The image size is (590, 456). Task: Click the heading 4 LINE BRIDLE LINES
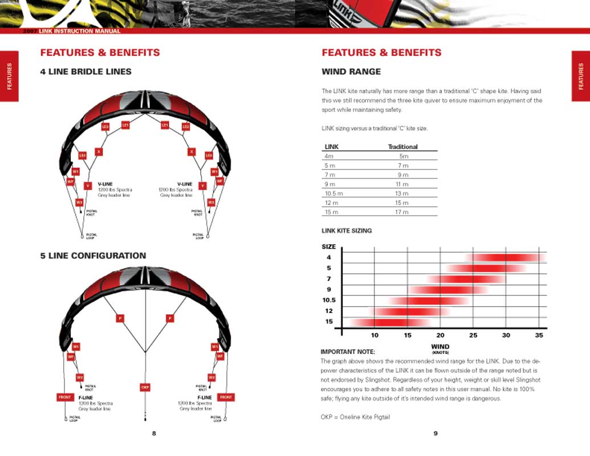(86, 72)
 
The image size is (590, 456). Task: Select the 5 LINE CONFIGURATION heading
(93, 256)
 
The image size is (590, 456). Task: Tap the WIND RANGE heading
(351, 72)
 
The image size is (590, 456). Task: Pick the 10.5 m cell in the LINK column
(333, 194)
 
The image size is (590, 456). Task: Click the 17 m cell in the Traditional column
(402, 212)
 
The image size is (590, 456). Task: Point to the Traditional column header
(402, 146)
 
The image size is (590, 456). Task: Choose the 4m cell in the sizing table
(328, 156)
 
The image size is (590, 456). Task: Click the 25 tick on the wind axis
(473, 335)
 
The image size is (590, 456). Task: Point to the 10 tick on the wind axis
(375, 335)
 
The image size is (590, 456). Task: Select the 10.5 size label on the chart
(329, 300)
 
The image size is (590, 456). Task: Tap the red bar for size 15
(390, 322)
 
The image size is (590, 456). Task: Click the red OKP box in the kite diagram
(145, 387)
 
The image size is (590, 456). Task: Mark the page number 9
(436, 433)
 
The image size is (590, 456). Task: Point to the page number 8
(154, 433)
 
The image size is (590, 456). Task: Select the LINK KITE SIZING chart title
(347, 231)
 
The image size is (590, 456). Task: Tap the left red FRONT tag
(65, 397)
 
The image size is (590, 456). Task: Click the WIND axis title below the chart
(440, 347)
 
